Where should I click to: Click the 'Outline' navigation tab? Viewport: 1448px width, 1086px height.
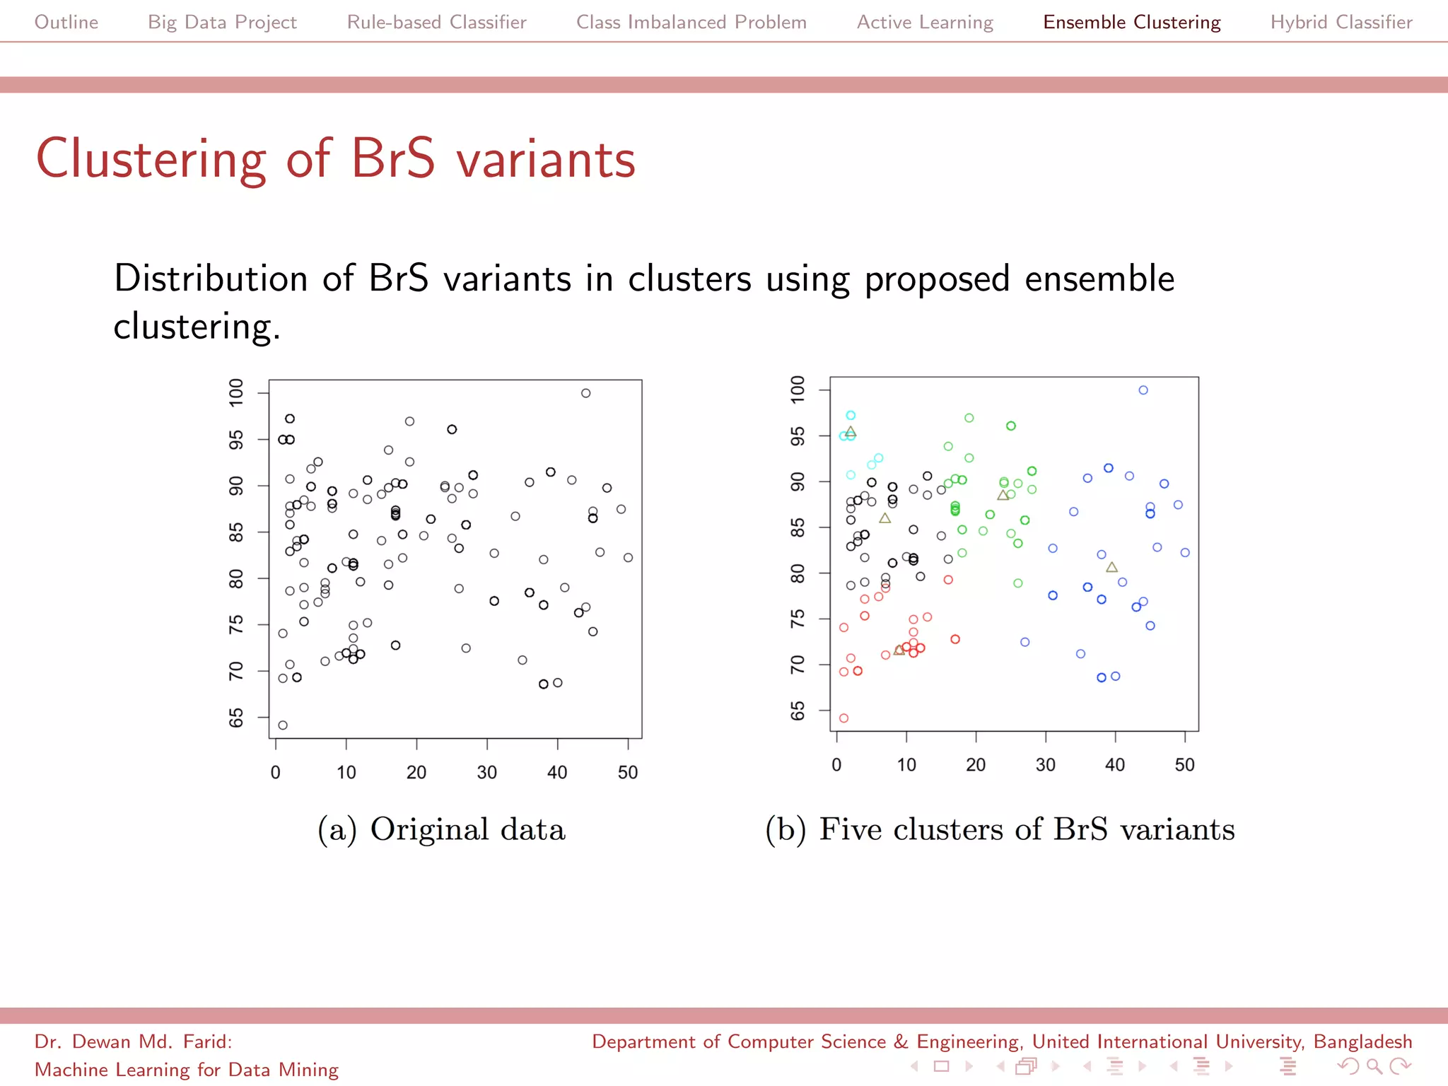tap(66, 23)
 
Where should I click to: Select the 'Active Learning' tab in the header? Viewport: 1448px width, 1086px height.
tap(925, 23)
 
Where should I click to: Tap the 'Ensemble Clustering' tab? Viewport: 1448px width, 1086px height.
tap(1131, 23)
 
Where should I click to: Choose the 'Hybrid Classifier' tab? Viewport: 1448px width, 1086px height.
tap(1341, 23)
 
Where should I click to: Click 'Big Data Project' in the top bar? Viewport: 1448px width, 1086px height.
tap(222, 23)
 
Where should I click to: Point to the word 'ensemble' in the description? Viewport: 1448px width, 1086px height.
tap(1099, 279)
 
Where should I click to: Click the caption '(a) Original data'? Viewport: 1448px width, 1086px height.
tap(441, 829)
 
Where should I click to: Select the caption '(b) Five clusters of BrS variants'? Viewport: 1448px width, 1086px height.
tap(1000, 829)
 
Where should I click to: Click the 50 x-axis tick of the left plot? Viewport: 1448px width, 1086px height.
tap(628, 772)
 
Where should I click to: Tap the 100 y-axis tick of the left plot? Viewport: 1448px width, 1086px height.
tap(236, 393)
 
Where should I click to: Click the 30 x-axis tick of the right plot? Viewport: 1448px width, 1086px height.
tap(1045, 765)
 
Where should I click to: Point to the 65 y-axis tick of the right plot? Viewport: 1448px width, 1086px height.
tap(798, 711)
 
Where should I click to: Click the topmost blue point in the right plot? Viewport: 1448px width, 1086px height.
tap(1143, 390)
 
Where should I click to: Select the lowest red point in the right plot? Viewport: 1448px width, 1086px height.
tap(843, 718)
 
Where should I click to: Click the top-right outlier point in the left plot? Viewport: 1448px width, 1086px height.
tap(585, 393)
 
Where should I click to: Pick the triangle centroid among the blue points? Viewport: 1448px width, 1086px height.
tap(1111, 567)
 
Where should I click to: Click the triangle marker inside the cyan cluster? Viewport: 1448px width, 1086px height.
tap(851, 431)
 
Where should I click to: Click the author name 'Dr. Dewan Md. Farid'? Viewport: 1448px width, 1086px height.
tap(133, 1041)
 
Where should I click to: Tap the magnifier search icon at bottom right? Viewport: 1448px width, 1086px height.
tap(1374, 1065)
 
